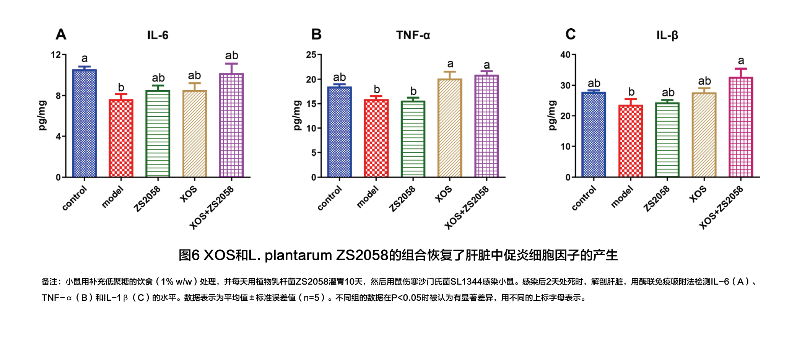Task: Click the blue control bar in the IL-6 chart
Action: (x=85, y=123)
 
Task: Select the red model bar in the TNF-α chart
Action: (x=376, y=138)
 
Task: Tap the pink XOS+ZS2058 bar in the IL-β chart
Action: (x=741, y=127)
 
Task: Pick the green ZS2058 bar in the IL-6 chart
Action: (x=158, y=134)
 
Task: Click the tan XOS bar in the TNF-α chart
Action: (x=450, y=128)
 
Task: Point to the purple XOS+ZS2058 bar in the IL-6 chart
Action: (x=231, y=125)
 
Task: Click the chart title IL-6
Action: (x=158, y=35)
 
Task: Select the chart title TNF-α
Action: (x=413, y=35)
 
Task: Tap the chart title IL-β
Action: (x=667, y=35)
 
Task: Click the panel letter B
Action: (x=316, y=34)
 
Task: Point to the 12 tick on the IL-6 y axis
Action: (x=56, y=55)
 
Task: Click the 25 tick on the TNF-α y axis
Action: (x=311, y=55)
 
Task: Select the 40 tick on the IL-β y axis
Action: (x=565, y=55)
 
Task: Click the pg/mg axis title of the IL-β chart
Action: (x=552, y=115)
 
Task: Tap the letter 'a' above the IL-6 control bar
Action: (x=85, y=59)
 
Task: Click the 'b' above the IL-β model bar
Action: (x=631, y=92)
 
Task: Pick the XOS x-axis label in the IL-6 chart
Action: (x=189, y=194)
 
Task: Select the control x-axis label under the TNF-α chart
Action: (x=330, y=198)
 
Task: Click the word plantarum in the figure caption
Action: (x=298, y=255)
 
